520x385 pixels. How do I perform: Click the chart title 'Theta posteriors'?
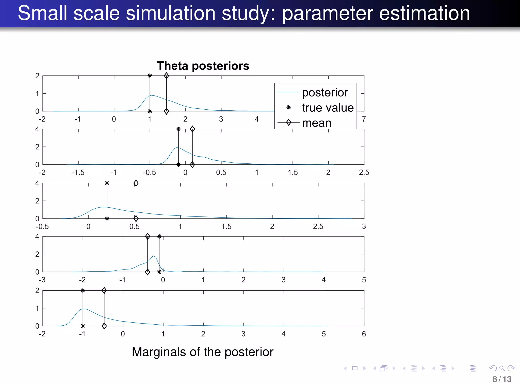[203, 66]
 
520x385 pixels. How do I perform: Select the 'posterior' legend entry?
[325, 93]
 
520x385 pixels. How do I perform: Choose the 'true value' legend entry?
[328, 108]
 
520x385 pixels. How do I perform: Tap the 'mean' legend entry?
[316, 123]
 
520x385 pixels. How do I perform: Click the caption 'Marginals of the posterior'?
[202, 352]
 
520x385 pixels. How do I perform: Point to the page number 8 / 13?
[502, 379]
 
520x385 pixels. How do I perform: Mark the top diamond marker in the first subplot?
[166, 76]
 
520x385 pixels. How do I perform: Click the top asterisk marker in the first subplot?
[150, 76]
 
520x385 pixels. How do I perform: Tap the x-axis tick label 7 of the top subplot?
[364, 119]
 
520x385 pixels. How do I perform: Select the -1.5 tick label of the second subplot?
[78, 173]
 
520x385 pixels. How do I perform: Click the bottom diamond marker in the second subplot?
[192, 165]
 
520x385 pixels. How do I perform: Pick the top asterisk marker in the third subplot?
[107, 183]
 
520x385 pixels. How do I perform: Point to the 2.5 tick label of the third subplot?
[318, 227]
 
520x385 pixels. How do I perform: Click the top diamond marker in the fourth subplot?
[148, 237]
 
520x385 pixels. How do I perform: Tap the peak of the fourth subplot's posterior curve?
[153, 256]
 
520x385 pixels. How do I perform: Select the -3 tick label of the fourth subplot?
[42, 280]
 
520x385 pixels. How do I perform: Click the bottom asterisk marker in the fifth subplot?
[83, 326]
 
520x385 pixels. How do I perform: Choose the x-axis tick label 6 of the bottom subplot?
[364, 334]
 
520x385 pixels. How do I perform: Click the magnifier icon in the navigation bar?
[502, 368]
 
